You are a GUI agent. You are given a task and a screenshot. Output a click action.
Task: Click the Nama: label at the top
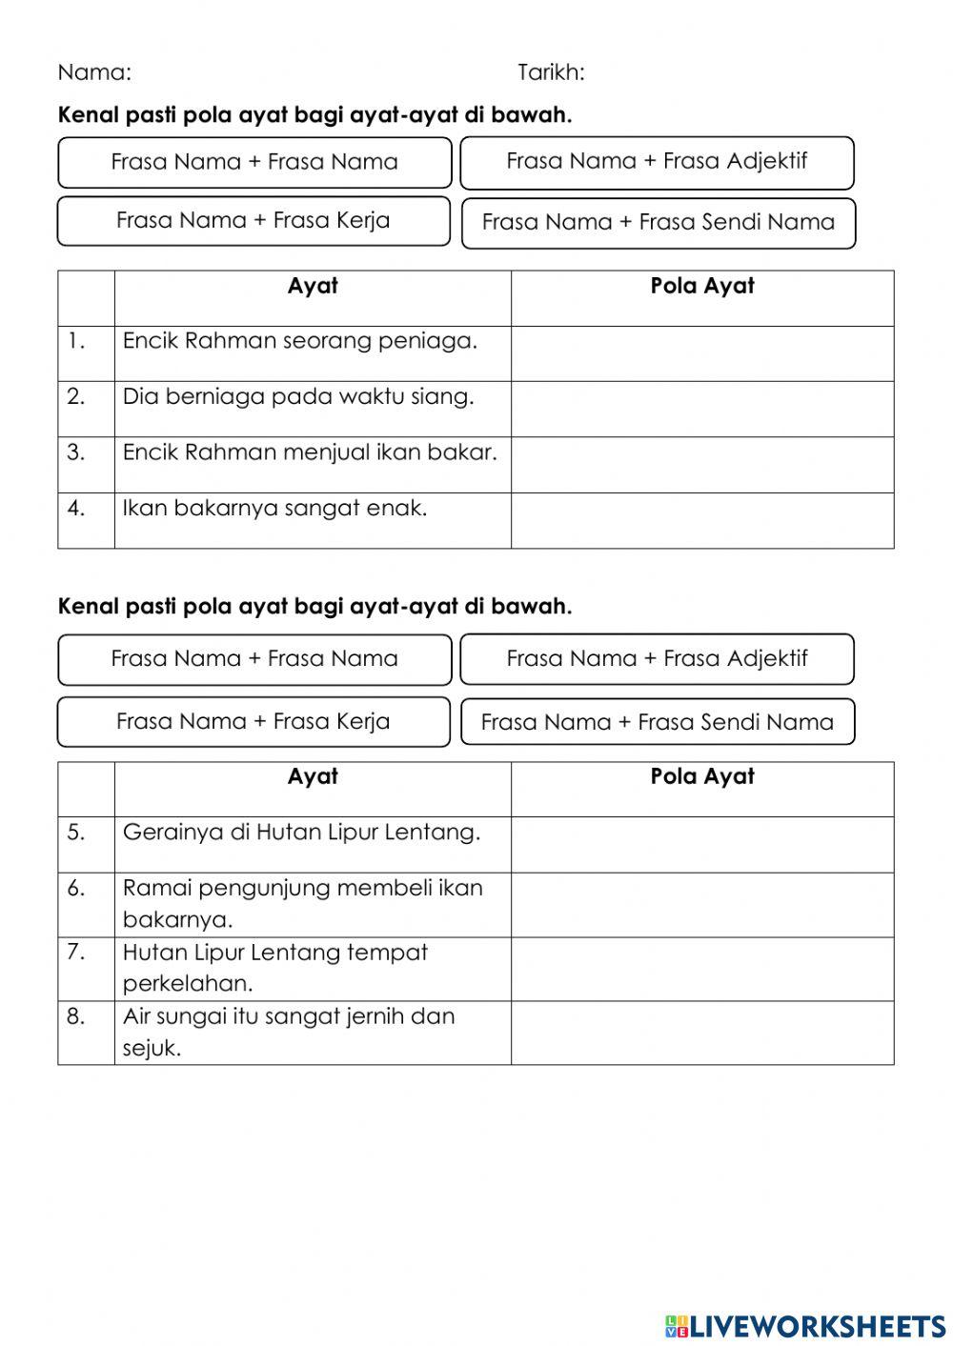[x=94, y=72]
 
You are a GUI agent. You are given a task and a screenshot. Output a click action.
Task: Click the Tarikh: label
[x=551, y=72]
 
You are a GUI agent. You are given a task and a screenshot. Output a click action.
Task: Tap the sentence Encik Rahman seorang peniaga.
[x=299, y=341]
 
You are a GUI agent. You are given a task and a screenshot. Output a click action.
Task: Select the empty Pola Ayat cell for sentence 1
[x=701, y=353]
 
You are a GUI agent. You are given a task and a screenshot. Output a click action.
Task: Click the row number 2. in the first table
[x=76, y=396]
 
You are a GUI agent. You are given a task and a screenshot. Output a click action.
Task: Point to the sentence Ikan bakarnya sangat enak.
[x=274, y=508]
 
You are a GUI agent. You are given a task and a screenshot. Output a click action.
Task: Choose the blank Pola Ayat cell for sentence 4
[x=701, y=520]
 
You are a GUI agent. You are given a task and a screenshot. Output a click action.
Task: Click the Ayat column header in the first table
[x=313, y=287]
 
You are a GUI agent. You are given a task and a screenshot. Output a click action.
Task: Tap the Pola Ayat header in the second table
[x=701, y=776]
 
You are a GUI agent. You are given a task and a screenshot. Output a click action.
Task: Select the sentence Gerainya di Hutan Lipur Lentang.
[x=301, y=833]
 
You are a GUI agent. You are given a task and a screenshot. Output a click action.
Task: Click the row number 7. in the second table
[x=76, y=952]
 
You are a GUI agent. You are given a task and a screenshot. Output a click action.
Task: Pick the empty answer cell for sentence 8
[x=701, y=1032]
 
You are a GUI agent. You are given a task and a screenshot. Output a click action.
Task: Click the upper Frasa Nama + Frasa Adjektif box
[x=657, y=162]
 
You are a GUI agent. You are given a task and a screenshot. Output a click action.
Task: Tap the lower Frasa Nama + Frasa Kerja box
[x=253, y=721]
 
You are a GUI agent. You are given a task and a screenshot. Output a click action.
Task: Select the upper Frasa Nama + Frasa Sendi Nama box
[x=658, y=223]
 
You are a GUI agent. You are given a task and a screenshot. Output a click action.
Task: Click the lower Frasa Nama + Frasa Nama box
[x=254, y=659]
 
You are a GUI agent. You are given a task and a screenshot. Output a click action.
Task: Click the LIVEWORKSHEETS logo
[x=804, y=1325]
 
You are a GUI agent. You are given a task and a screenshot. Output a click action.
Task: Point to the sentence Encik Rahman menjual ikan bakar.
[x=310, y=452]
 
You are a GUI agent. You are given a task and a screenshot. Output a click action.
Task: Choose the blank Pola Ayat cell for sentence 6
[x=701, y=904]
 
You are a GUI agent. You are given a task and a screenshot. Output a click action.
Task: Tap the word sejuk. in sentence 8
[x=152, y=1049]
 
